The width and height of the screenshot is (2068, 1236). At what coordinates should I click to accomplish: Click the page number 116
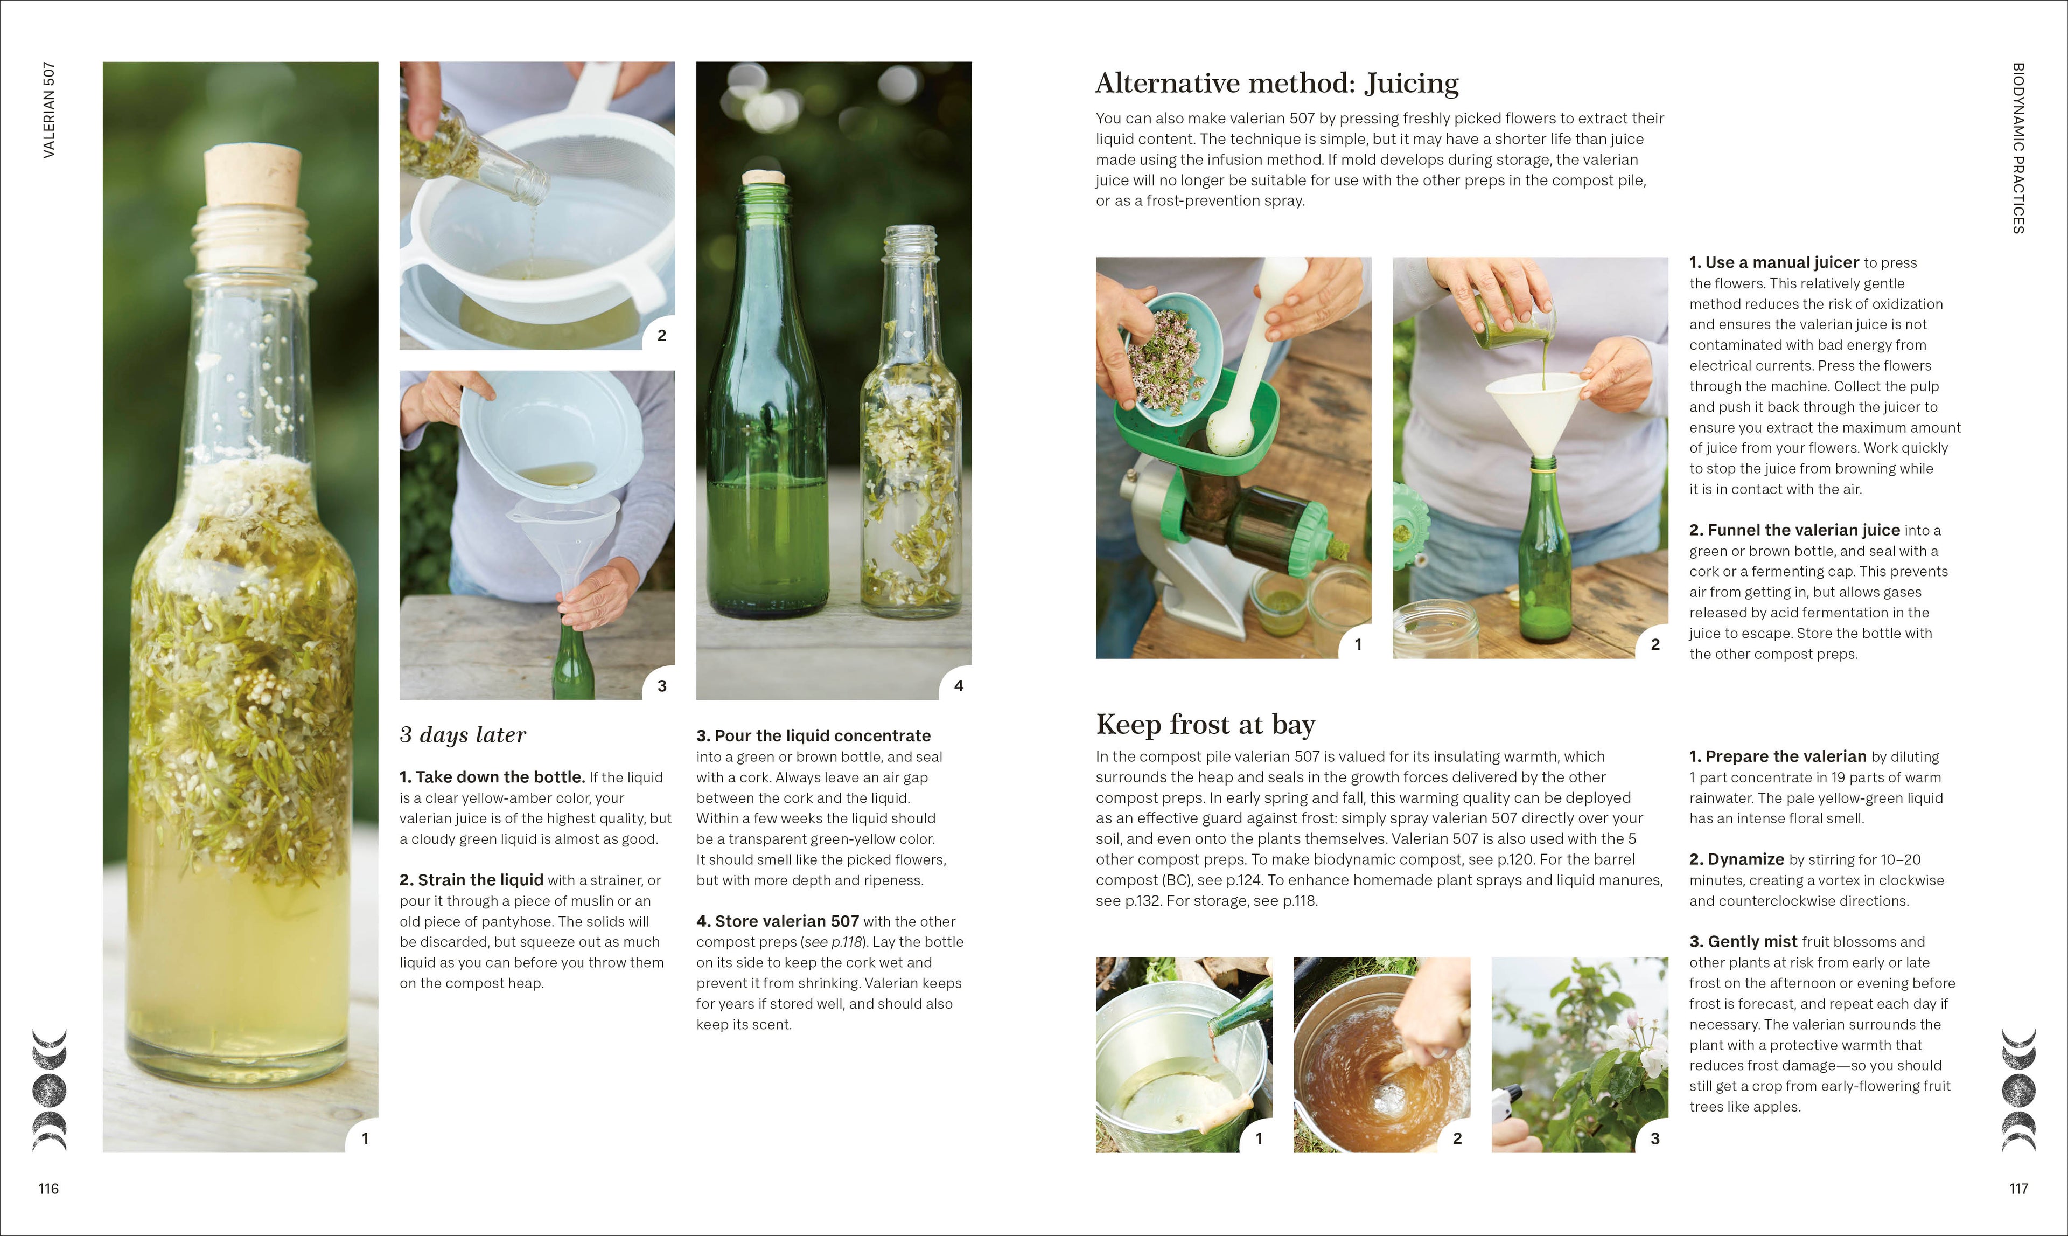click(x=48, y=1189)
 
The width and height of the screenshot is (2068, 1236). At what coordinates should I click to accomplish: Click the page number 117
click(x=2018, y=1189)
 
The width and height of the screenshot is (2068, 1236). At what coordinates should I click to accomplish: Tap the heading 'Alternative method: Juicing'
click(x=1276, y=84)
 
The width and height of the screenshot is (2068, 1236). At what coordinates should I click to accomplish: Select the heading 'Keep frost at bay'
click(x=1205, y=725)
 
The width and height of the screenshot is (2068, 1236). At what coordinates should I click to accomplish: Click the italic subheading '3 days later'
click(x=463, y=734)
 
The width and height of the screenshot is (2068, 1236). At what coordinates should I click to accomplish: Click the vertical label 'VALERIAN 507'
click(x=49, y=110)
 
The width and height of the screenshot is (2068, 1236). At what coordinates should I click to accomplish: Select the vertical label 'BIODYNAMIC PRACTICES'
click(x=2018, y=148)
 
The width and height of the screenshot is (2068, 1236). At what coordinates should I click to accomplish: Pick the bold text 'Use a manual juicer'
click(x=1781, y=263)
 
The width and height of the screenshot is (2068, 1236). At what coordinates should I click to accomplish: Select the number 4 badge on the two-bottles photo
click(x=958, y=685)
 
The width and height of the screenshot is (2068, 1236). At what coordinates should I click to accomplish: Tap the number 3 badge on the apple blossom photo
click(x=1654, y=1138)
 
